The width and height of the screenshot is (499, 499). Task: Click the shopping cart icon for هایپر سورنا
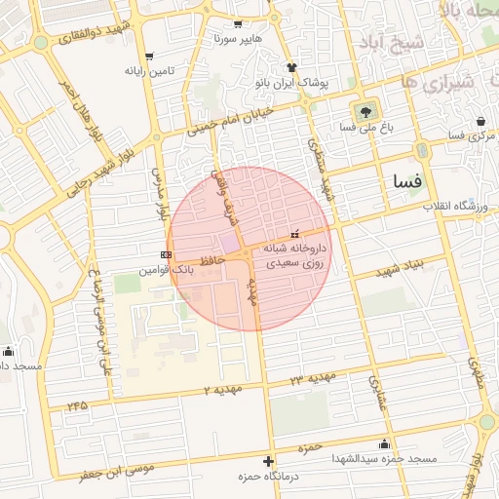coord(239,24)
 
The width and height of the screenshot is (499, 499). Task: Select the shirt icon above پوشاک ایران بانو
coord(290,66)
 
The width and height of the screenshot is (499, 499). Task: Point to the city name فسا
coord(407,181)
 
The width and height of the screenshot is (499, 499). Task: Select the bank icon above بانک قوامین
coord(166,253)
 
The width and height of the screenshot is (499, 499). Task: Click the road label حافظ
coord(211,260)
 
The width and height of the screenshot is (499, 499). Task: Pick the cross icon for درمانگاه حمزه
coord(269,461)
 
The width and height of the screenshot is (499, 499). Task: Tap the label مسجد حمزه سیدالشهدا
coord(384,458)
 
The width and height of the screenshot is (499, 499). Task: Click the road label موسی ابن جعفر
coord(120,474)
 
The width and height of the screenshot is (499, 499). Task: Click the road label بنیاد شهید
coord(386,266)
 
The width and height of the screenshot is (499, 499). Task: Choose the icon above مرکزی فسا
coord(480,121)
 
